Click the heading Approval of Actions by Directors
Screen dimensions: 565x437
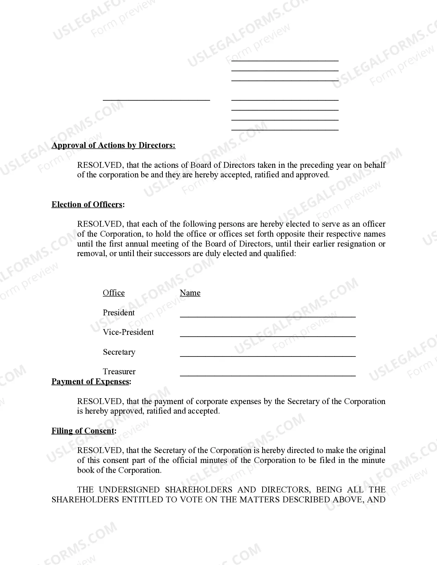click(113, 145)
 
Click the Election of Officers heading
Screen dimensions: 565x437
click(87, 204)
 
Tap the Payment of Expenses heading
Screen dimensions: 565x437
click(90, 381)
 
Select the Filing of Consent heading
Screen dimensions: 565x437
click(83, 431)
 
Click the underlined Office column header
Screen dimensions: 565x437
click(114, 293)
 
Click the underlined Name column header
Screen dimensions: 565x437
click(190, 293)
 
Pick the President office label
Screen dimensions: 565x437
click(119, 313)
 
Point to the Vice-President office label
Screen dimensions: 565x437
click(128, 332)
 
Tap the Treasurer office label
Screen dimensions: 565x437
click(119, 372)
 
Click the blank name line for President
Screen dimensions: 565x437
click(267, 316)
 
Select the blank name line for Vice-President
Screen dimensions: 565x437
click(267, 336)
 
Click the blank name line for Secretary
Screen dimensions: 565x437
click(267, 356)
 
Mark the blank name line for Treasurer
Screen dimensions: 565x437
click(267, 375)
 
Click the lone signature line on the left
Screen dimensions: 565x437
click(156, 100)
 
